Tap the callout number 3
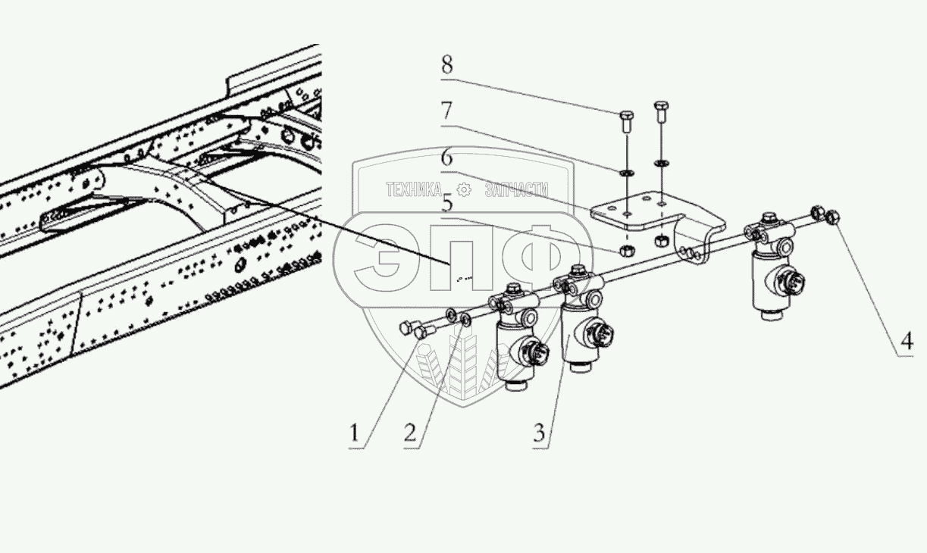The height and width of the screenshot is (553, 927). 538,433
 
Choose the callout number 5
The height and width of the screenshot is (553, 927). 447,203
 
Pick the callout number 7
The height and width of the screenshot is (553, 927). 447,112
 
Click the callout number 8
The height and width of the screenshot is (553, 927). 447,65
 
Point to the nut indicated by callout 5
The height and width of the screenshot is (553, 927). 627,248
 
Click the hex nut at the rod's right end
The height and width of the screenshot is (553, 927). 831,217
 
